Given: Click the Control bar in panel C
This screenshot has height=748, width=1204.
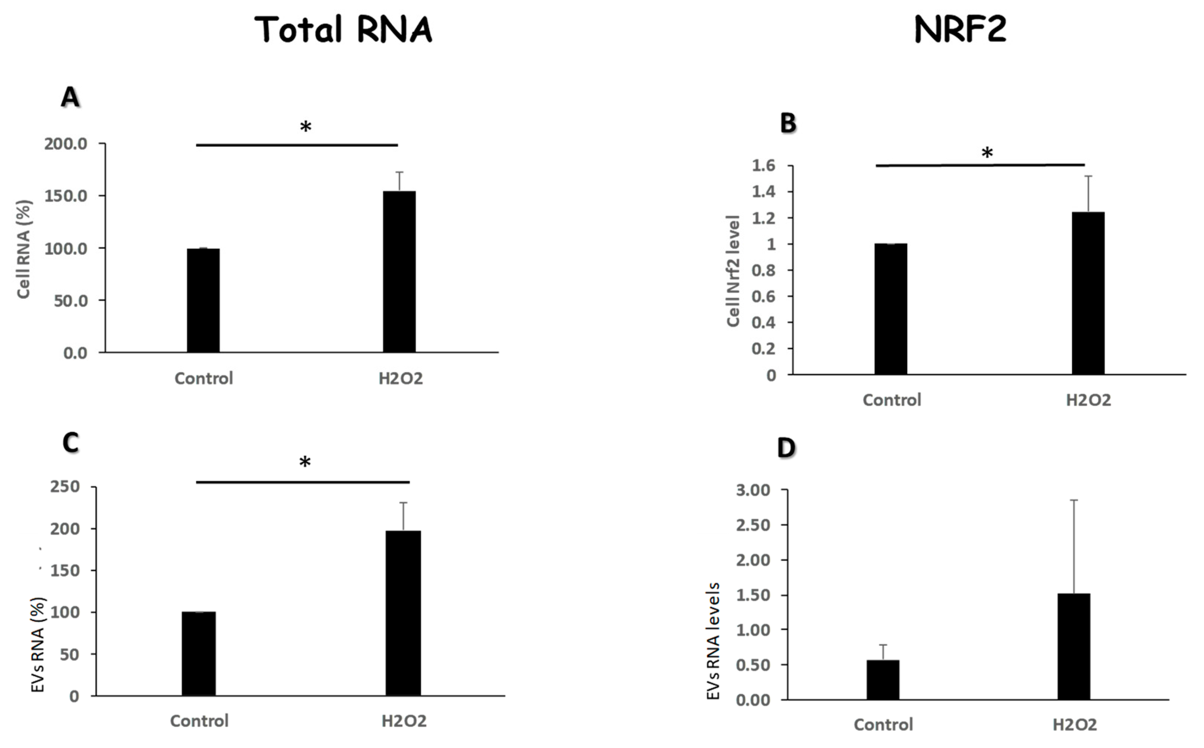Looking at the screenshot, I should pyautogui.click(x=198, y=653).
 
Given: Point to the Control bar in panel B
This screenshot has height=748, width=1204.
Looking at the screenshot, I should pyautogui.click(x=891, y=309).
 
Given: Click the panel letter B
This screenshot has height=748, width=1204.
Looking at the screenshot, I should pyautogui.click(x=788, y=123).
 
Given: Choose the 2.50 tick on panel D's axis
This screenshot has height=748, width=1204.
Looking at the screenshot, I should pyautogui.click(x=753, y=525).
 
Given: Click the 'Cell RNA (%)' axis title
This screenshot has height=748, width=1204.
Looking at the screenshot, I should pyautogui.click(x=23, y=249).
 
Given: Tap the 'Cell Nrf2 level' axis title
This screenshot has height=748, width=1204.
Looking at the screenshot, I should pyautogui.click(x=733, y=271).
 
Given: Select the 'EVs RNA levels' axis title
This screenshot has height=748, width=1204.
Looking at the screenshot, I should pyautogui.click(x=713, y=641).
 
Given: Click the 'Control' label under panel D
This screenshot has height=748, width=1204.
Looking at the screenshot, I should pyautogui.click(x=883, y=725).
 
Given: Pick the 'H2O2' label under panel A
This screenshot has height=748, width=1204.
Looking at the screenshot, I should pyautogui.click(x=401, y=378).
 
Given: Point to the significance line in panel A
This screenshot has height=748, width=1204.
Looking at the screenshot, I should pyautogui.click(x=297, y=145).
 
